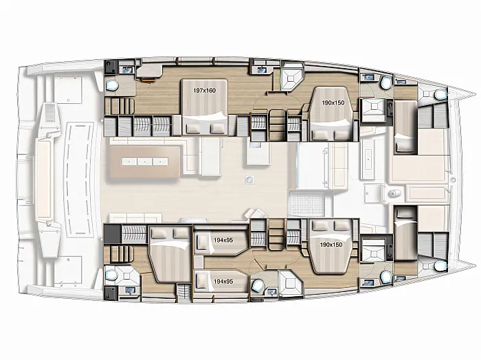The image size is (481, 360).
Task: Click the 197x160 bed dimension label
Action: coord(205,91)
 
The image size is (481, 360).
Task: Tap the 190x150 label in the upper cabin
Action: coord(333,103)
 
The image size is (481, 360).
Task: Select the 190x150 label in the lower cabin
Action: coord(331,245)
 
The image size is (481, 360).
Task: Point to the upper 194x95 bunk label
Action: coord(223,240)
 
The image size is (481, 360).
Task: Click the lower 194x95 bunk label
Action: coord(223,281)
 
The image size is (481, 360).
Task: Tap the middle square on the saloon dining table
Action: coord(145,161)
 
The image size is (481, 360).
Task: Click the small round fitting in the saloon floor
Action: coord(249,180)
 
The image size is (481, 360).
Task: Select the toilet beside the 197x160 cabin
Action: coord(112,86)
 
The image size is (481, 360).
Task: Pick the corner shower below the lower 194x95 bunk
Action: coord(289,284)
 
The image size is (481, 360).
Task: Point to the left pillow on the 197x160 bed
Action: coord(194,128)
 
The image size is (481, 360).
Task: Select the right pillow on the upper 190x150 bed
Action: coord(342,134)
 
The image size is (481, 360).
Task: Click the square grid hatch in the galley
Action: coord(306,203)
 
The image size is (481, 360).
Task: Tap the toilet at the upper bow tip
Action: coord(440,95)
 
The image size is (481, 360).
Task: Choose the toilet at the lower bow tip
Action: coord(440,266)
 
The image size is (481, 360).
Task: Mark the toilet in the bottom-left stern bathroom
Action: coord(111,274)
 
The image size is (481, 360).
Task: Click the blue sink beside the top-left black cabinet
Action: coord(127,70)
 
